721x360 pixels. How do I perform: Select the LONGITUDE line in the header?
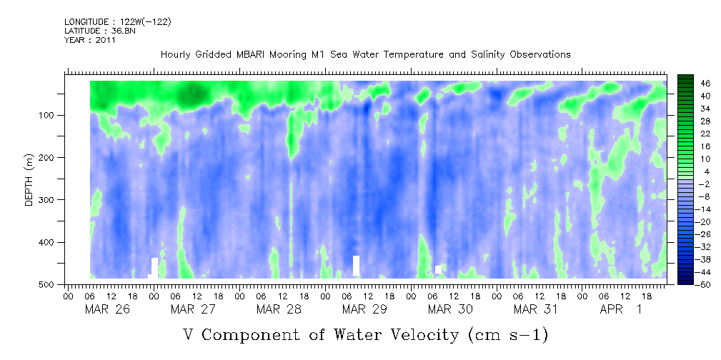118,21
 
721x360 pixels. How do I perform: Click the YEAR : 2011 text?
89,40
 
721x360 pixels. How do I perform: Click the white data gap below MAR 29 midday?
356,265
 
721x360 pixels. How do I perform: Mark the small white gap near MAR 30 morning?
438,269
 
